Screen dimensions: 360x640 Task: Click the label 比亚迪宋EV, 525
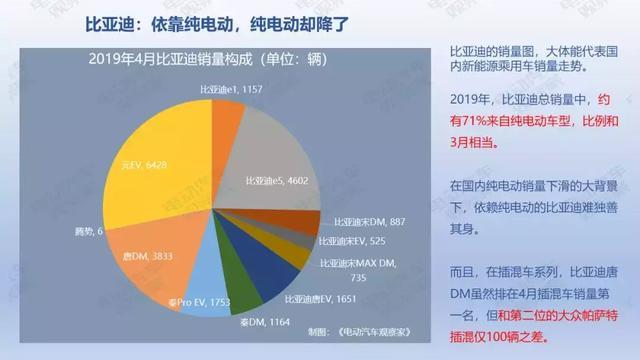pyautogui.click(x=354, y=241)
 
